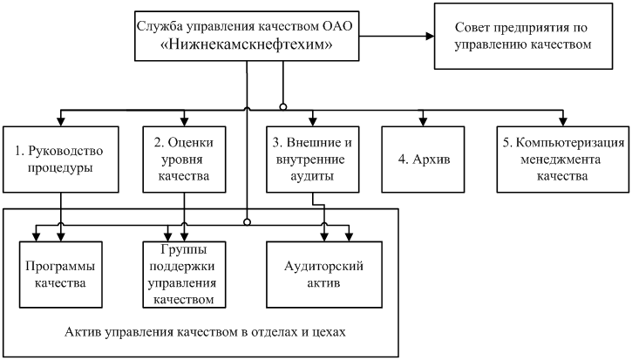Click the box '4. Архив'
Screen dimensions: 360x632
(x=423, y=159)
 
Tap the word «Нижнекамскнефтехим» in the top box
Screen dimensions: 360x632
(x=248, y=45)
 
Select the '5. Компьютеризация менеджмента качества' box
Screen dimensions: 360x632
(x=561, y=159)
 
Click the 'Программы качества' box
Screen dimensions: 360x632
(x=60, y=275)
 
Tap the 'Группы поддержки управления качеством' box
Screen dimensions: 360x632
(x=184, y=275)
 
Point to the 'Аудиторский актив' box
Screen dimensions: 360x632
(x=324, y=275)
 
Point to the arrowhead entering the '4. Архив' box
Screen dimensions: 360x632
(x=423, y=120)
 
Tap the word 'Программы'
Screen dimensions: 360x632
(x=60, y=267)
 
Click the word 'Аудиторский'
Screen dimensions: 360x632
(x=324, y=267)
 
